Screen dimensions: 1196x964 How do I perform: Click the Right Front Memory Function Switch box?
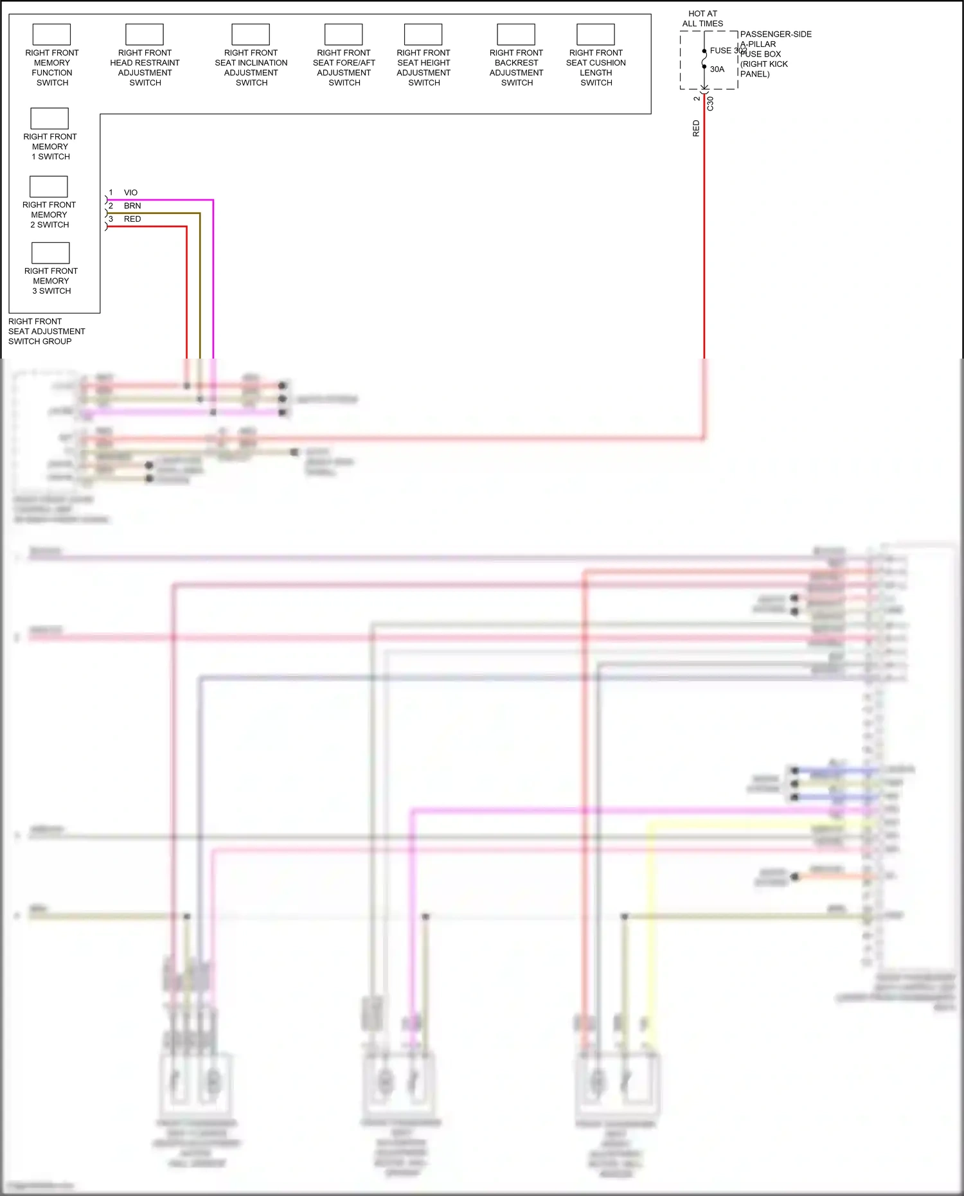(x=51, y=35)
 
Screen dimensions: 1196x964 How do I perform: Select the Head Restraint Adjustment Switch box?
(x=145, y=35)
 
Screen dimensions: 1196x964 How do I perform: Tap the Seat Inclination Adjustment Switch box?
(x=251, y=35)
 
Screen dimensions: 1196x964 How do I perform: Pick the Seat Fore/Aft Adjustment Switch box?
(x=344, y=35)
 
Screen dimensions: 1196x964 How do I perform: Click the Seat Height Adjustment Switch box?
(x=423, y=35)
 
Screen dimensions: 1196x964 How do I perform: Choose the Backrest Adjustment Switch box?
(x=516, y=35)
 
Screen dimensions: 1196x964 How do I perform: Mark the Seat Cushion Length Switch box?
(x=596, y=35)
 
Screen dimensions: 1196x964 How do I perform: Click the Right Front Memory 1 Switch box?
(x=49, y=119)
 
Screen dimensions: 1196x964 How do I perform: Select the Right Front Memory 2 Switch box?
(x=49, y=187)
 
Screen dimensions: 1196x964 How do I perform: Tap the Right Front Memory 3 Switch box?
(x=50, y=253)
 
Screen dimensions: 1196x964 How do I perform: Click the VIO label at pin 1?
(x=130, y=193)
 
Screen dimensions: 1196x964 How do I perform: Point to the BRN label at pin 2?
(x=132, y=206)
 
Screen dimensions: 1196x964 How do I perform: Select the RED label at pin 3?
(x=132, y=219)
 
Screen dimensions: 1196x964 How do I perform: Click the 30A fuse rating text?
(x=717, y=69)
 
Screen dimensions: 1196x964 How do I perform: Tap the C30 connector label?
(x=710, y=103)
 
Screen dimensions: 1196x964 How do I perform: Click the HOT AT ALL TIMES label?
(x=702, y=19)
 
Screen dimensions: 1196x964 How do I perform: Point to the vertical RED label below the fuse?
(x=696, y=129)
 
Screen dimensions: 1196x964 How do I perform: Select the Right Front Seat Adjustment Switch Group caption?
(x=46, y=332)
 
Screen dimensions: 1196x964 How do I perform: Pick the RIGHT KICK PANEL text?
(x=763, y=69)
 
